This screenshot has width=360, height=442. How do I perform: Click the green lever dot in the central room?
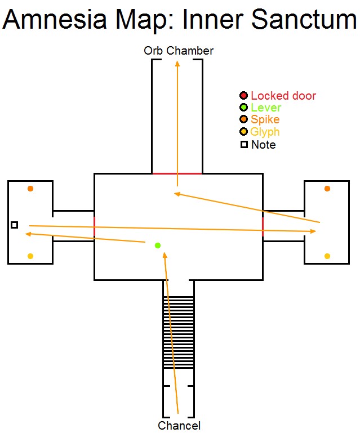tap(158, 245)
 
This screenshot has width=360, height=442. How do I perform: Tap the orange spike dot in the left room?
tap(30, 189)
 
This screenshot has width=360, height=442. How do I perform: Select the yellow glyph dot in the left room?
tap(30, 256)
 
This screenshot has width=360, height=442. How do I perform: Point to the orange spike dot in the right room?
tap(327, 189)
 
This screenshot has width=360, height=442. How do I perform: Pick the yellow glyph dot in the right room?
tap(327, 256)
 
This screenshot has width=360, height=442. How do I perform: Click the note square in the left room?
tap(15, 225)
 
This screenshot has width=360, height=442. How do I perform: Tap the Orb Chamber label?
tap(179, 51)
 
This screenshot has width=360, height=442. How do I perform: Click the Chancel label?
tap(179, 425)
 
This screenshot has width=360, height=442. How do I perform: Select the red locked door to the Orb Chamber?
tap(177, 173)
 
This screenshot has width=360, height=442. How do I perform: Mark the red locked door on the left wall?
tap(94, 226)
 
